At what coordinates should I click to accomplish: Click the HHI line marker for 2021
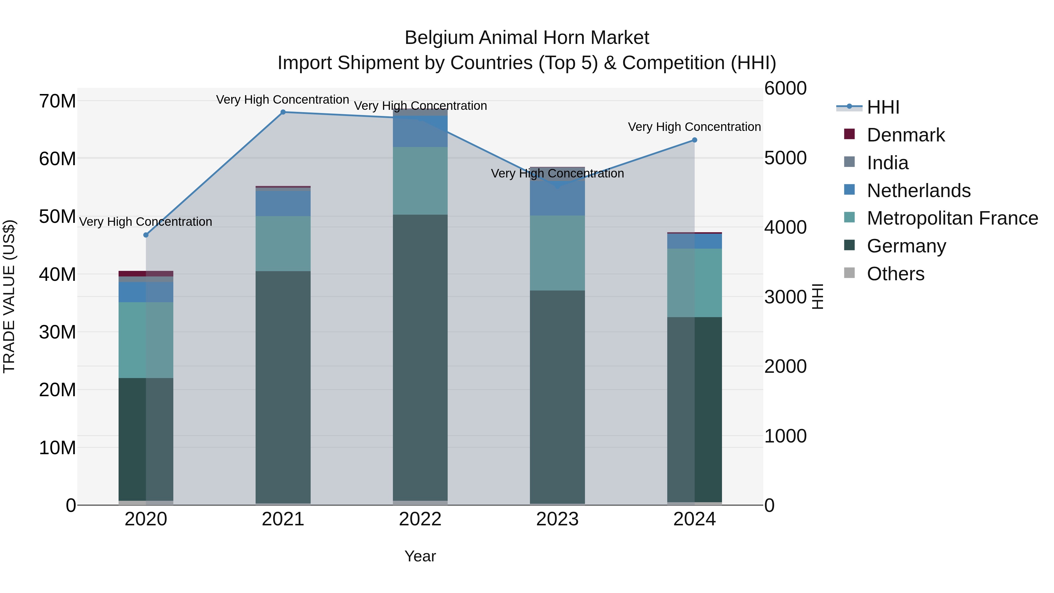click(x=283, y=112)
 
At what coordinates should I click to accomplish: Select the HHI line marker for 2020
click(x=146, y=235)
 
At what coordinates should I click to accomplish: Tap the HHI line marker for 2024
click(x=694, y=140)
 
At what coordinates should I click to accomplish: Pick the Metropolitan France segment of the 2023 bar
click(x=557, y=253)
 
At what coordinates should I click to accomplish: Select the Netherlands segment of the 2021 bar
click(x=283, y=204)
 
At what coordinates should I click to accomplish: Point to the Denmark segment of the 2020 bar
click(x=146, y=274)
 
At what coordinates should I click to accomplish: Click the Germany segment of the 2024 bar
click(x=694, y=409)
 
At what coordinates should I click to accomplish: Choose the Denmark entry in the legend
click(x=906, y=135)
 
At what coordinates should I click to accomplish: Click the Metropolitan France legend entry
click(x=952, y=218)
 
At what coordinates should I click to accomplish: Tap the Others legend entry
click(x=895, y=274)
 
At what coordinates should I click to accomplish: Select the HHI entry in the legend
click(x=883, y=107)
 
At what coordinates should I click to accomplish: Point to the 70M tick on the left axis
click(x=57, y=101)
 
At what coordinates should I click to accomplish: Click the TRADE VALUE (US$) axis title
click(x=9, y=296)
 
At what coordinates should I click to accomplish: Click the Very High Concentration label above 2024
click(x=694, y=127)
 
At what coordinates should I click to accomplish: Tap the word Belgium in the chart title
click(x=439, y=38)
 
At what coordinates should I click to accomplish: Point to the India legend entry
click(x=887, y=163)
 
